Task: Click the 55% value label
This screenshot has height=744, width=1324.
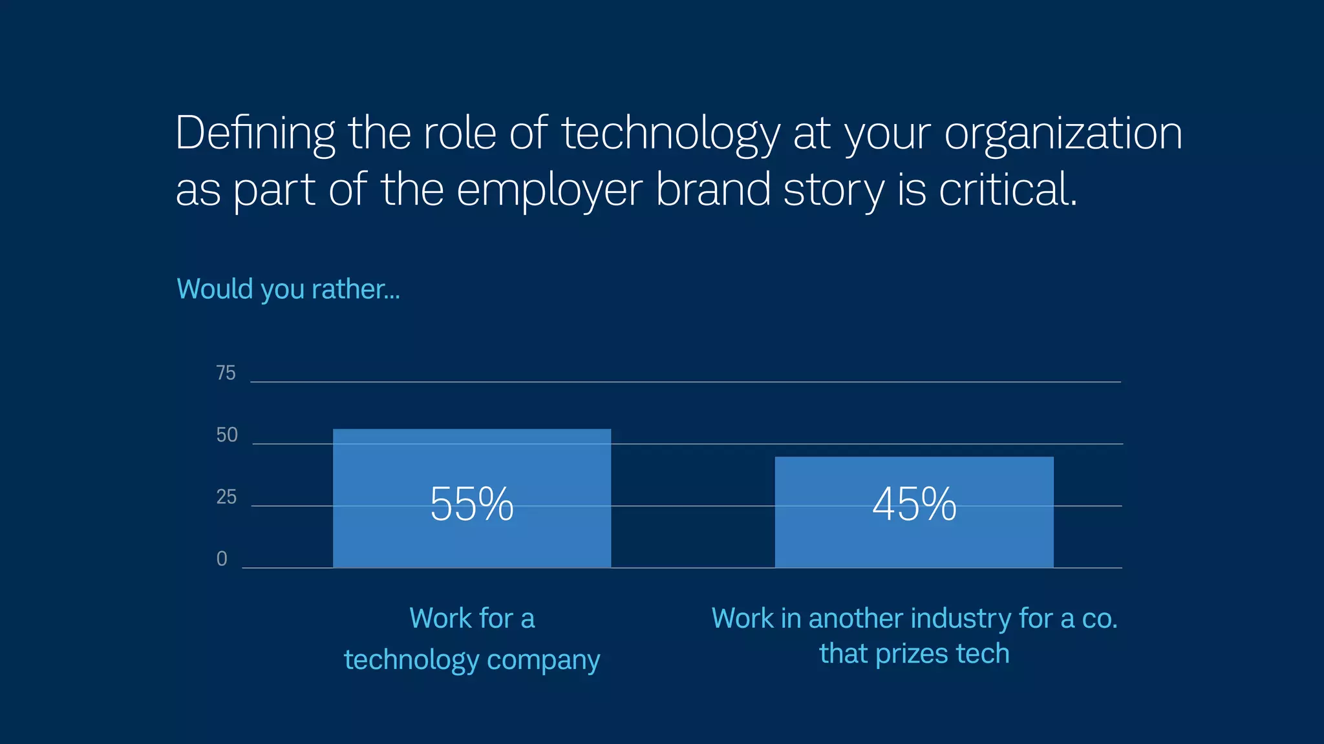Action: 471,504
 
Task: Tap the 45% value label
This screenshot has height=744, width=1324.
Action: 914,504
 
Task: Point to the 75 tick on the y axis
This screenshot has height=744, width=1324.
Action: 226,373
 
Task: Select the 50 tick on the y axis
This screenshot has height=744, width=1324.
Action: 227,435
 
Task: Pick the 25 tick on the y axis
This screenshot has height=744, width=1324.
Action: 226,497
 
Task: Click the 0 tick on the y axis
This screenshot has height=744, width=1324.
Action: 222,559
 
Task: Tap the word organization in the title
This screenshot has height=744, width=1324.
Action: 1063,134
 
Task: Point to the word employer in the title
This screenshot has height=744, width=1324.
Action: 550,190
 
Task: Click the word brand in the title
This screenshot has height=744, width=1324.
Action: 713,190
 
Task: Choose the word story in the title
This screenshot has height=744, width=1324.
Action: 833,190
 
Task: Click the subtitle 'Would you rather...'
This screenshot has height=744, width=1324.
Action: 288,289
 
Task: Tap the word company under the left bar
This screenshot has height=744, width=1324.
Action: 543,661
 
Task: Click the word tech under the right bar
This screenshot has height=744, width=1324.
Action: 983,654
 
